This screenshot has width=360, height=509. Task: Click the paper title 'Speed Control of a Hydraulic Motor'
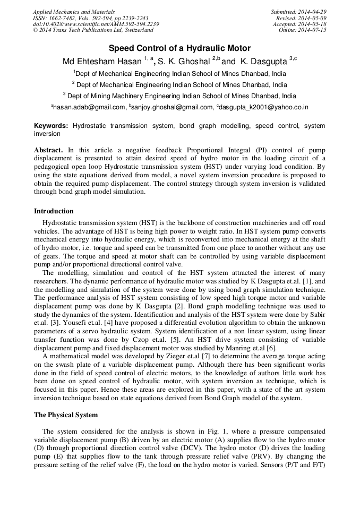pyautogui.click(x=179, y=48)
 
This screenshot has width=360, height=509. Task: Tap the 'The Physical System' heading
pyautogui.click(x=66, y=415)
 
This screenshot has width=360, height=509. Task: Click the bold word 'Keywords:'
pyautogui.click(x=51, y=126)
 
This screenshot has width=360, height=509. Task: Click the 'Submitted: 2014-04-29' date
pyautogui.click(x=298, y=12)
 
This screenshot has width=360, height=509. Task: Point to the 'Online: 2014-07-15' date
pyautogui.click(x=303, y=31)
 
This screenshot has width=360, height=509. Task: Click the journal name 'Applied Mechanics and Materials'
pyautogui.click(x=74, y=12)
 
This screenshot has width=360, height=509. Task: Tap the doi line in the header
pyautogui.click(x=96, y=24)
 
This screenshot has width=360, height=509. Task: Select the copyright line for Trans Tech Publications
pyautogui.click(x=93, y=31)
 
